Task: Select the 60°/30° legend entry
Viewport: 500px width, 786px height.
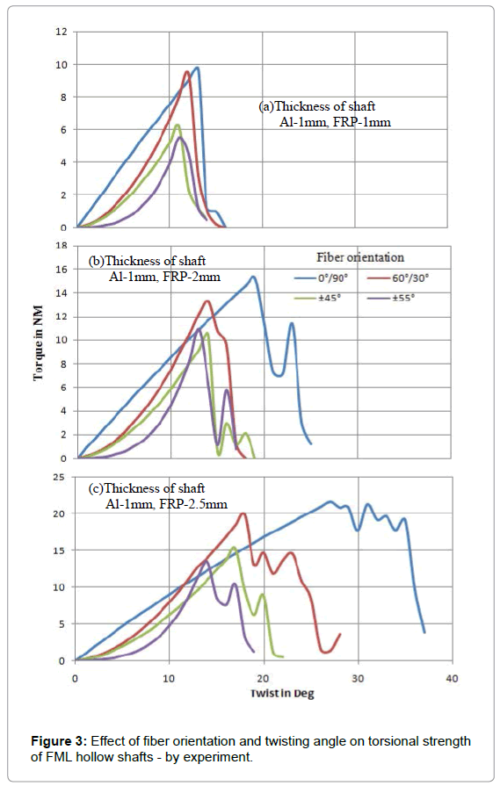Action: (399, 278)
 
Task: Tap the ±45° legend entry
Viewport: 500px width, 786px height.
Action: (318, 298)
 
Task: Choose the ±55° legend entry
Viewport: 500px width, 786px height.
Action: (392, 298)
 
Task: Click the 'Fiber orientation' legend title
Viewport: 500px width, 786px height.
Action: (360, 257)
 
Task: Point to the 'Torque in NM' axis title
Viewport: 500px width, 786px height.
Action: (39, 343)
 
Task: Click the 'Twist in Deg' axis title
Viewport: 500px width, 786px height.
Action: (282, 694)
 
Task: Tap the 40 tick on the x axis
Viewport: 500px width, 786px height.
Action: (452, 678)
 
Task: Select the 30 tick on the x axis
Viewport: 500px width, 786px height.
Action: (358, 678)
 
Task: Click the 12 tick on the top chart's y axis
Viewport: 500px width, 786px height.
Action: (61, 32)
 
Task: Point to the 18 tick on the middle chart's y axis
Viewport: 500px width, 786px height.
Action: (61, 246)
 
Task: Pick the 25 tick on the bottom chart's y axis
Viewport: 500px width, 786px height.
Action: (59, 477)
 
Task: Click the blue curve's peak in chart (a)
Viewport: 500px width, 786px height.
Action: (197, 68)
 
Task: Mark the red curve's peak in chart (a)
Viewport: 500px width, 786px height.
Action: (187, 71)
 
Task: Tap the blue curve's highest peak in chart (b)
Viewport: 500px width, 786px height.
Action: (253, 277)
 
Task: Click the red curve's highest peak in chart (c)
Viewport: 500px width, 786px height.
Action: (243, 513)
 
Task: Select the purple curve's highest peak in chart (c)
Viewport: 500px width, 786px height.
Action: (206, 560)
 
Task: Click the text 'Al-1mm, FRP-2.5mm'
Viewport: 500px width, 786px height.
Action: (166, 504)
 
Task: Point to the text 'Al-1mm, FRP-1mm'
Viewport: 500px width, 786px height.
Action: (335, 122)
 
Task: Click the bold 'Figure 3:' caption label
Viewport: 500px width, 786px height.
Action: (60, 741)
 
